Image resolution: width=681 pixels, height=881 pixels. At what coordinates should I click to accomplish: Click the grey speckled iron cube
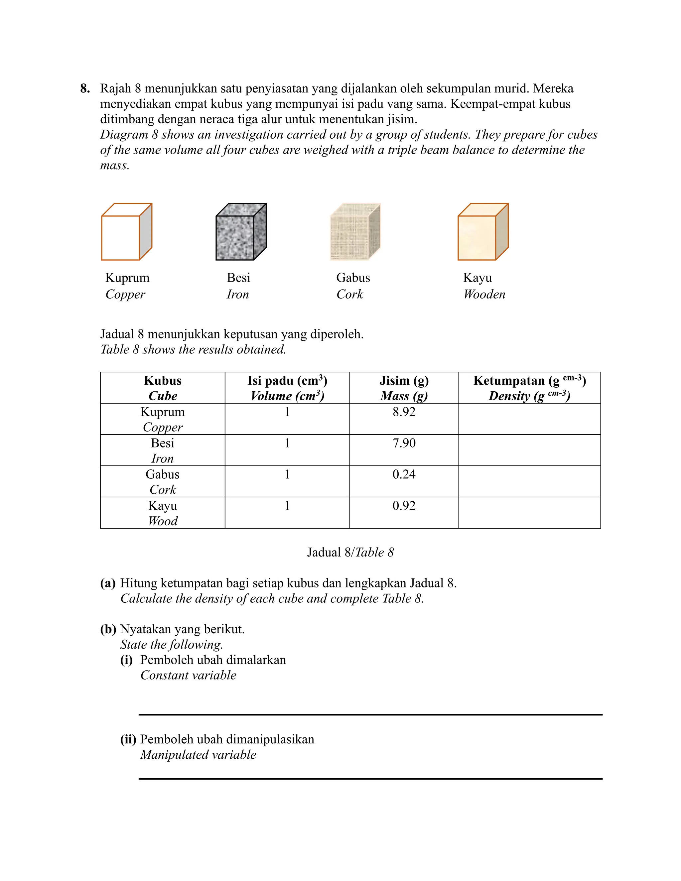coord(241,232)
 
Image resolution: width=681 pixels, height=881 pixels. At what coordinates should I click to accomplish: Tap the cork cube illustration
coord(355,232)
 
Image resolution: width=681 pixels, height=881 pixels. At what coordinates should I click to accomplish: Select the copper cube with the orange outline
coord(126,232)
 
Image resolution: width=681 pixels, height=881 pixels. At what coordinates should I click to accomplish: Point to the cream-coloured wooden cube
coord(482,232)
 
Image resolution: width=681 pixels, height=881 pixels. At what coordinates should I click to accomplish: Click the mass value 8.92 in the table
coord(404,412)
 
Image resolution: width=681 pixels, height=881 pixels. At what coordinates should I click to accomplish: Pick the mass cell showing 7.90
coord(404,443)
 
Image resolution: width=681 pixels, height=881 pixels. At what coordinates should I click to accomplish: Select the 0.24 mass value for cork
coord(404,474)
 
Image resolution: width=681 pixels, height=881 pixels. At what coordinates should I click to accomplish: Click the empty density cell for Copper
coord(529,419)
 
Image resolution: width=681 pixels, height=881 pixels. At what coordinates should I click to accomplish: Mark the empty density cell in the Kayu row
coord(529,512)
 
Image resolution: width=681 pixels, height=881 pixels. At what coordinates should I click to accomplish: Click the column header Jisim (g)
coord(404,381)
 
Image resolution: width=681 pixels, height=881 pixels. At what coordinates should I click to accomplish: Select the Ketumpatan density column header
coord(529,381)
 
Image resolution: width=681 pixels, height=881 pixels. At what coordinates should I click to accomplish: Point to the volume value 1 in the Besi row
coord(287,443)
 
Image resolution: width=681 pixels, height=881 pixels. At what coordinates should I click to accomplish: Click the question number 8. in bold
coord(85,88)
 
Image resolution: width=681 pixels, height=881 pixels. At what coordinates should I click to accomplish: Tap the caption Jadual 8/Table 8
coord(350,552)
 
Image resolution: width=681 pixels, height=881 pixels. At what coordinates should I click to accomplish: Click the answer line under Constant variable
coord(370,714)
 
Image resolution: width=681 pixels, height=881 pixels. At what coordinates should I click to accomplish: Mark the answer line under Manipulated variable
coord(370,778)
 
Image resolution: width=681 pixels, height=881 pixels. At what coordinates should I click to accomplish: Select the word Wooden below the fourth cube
coord(484,294)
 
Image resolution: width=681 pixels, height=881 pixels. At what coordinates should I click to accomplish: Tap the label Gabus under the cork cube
coord(353,278)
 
